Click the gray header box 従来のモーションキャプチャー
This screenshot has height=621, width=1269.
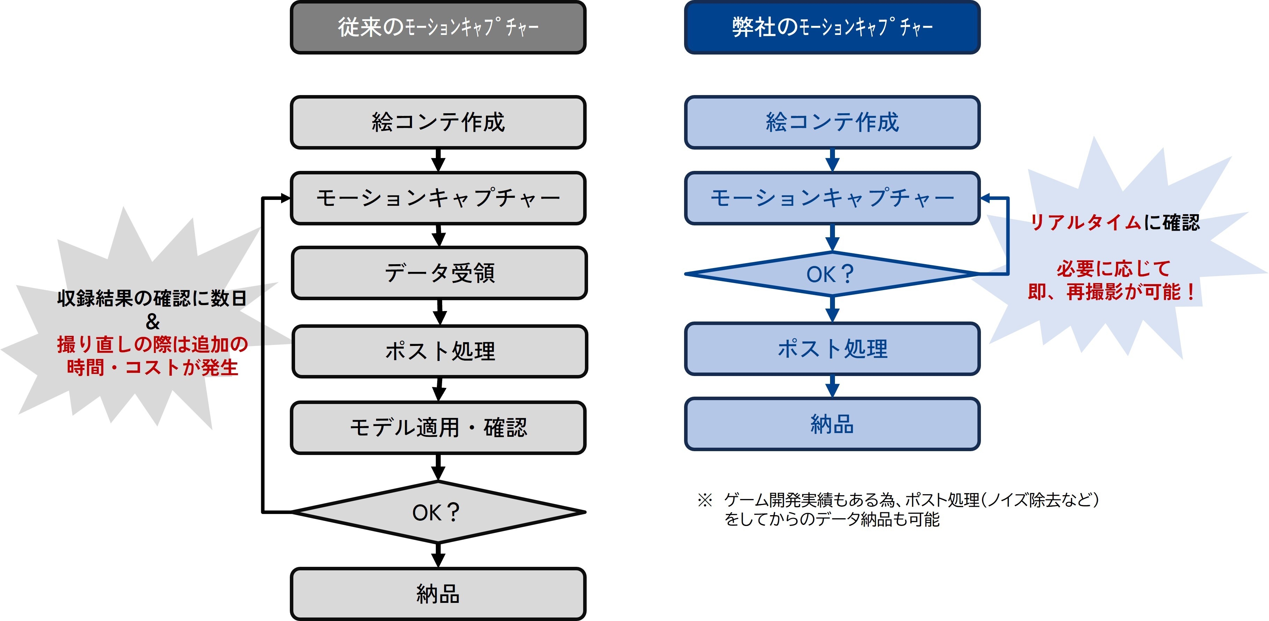438,28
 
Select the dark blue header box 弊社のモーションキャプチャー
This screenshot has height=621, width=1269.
832,28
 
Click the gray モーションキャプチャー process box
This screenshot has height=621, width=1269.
438,198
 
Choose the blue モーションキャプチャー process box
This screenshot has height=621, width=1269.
832,198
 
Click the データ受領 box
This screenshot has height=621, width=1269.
439,273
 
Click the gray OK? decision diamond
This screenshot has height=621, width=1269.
438,513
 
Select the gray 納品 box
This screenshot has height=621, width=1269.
438,594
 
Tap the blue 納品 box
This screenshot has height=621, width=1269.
832,424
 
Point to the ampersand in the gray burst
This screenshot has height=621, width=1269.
153,322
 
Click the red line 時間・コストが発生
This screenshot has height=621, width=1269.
152,368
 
